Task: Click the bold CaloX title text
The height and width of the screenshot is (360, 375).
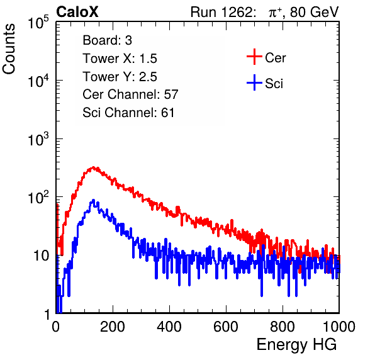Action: coord(77,12)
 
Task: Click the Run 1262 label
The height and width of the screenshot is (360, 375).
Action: coord(221,12)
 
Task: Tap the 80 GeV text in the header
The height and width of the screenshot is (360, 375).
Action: coord(314,12)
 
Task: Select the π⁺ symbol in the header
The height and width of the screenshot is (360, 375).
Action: coord(274,13)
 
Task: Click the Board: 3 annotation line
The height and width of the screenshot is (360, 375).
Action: coord(107,40)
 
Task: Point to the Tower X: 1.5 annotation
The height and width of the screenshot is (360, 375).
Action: coord(120,59)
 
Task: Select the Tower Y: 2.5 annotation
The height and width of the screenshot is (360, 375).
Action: coord(120,77)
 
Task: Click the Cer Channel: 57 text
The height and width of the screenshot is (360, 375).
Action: coord(130,94)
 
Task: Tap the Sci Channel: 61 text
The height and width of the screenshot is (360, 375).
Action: coord(128,113)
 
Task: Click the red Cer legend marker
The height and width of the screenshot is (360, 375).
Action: coord(254,57)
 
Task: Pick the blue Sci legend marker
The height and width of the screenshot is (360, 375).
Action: coord(254,82)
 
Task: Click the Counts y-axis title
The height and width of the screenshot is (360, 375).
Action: coord(9,49)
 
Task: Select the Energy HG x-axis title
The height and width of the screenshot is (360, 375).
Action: coord(296,345)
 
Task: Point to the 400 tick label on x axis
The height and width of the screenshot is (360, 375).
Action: coord(169,327)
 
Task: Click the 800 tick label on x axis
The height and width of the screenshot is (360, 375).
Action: coord(283,327)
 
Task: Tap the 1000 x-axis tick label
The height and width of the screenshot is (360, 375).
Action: coord(339,327)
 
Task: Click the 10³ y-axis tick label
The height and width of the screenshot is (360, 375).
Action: coord(38,139)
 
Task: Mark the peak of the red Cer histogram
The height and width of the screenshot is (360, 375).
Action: coord(94,167)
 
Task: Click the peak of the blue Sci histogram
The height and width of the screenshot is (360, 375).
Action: coord(94,200)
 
